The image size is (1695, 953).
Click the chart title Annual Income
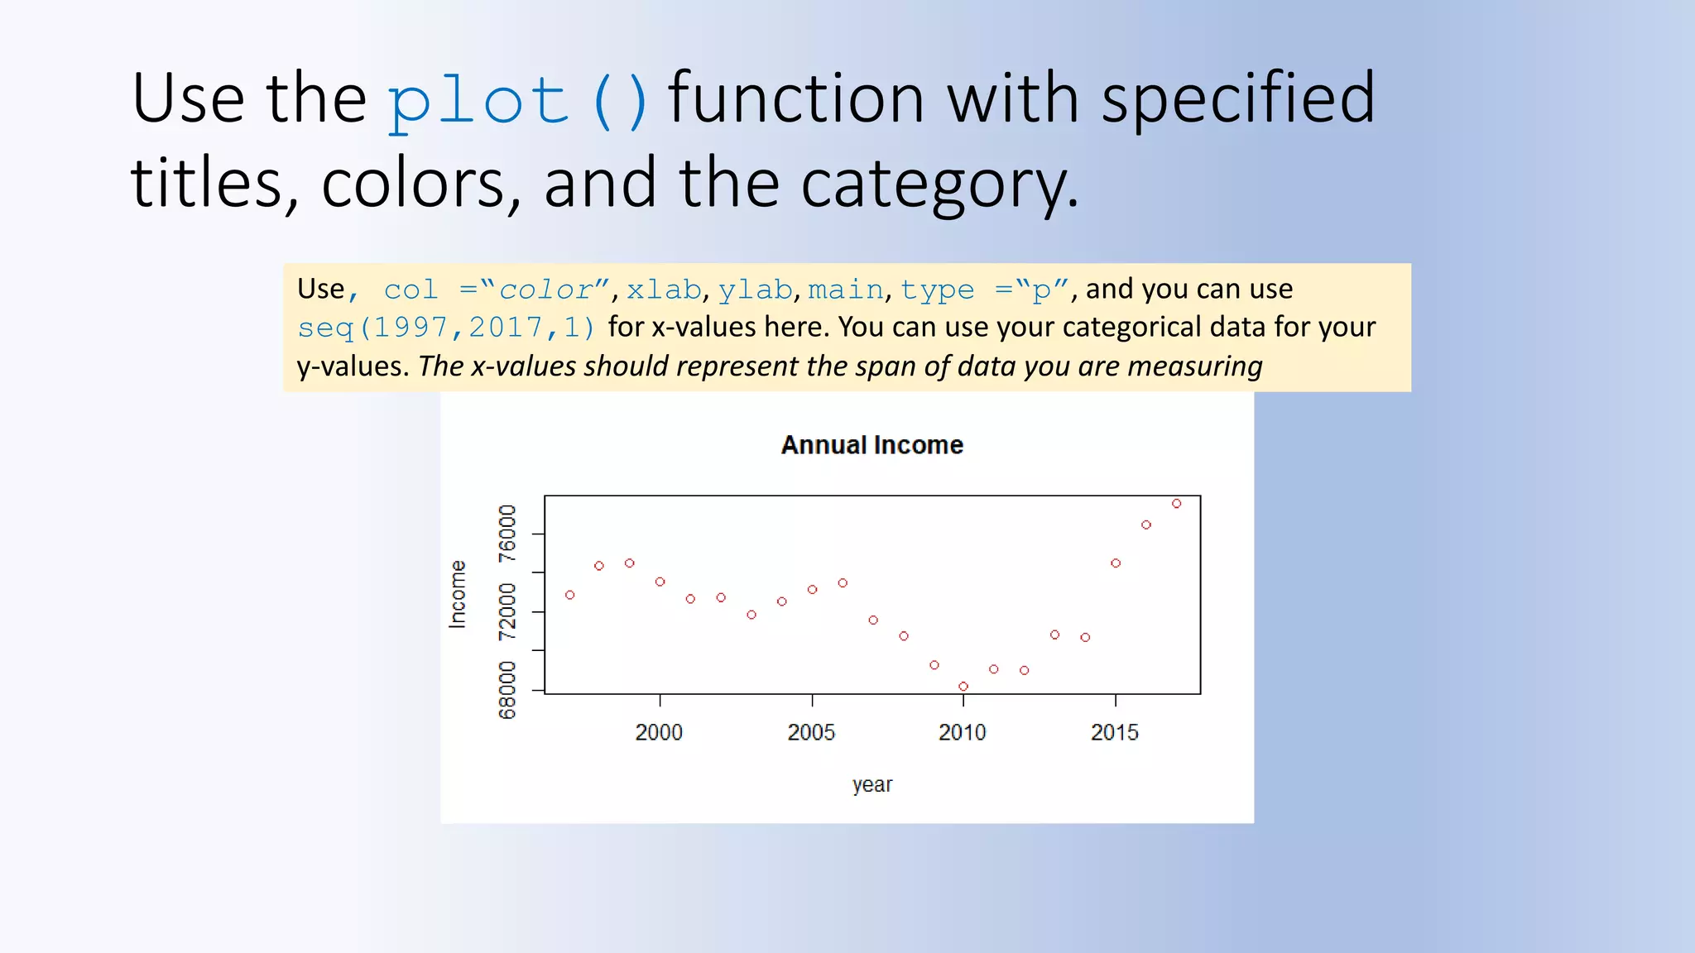(x=872, y=445)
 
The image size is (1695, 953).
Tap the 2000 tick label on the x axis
(x=659, y=732)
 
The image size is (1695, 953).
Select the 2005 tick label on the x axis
(x=811, y=732)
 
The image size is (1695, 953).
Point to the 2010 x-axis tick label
(x=962, y=732)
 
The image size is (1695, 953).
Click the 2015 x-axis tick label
(x=1114, y=732)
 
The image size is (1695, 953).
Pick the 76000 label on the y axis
(x=507, y=534)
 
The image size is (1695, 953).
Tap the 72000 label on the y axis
(x=507, y=612)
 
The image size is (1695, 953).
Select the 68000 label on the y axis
(x=507, y=690)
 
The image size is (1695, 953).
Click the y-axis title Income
(x=458, y=594)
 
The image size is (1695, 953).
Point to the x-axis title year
(x=872, y=784)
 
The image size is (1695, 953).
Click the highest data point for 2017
(x=1176, y=504)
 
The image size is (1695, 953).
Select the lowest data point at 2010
(x=963, y=687)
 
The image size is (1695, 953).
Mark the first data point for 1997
(x=569, y=595)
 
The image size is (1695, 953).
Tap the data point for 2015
(x=1116, y=563)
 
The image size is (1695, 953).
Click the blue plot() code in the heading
(x=517, y=101)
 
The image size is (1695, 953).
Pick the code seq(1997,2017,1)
(x=446, y=328)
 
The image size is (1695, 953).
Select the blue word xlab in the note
(x=664, y=290)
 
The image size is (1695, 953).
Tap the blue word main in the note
(x=845, y=290)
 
